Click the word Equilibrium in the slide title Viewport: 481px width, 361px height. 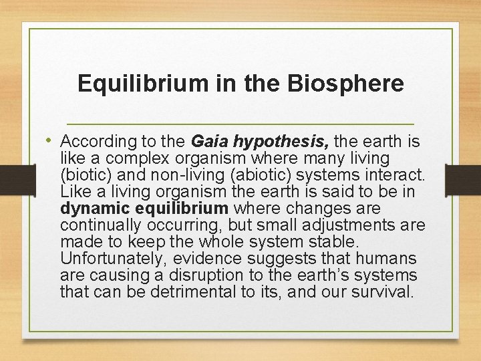(x=132, y=84)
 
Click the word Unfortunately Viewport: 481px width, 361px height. (x=107, y=259)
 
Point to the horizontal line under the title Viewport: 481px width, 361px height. (x=240, y=125)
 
